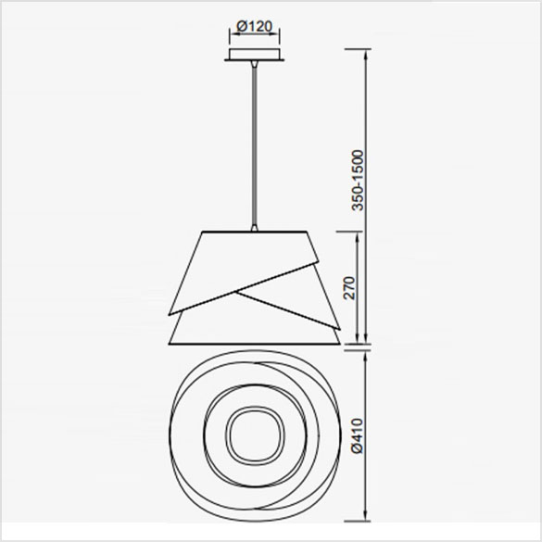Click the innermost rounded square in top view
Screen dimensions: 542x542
253,434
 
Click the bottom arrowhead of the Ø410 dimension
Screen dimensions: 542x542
369,518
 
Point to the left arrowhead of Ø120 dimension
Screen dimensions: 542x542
228,37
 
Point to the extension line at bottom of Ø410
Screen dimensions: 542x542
357,522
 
